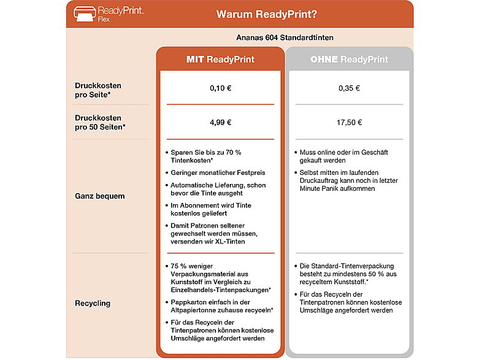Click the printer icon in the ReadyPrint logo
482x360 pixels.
pyautogui.click(x=84, y=13)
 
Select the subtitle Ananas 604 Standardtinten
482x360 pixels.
pyautogui.click(x=285, y=37)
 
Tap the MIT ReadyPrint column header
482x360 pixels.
pyautogui.click(x=220, y=59)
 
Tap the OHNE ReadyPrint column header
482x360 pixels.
pyautogui.click(x=349, y=59)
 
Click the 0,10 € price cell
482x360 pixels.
pyautogui.click(x=220, y=88)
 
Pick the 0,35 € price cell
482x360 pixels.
pyautogui.click(x=349, y=88)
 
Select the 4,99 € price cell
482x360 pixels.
pyautogui.click(x=220, y=122)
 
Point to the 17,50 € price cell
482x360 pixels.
pyautogui.click(x=349, y=122)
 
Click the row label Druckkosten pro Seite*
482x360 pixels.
pyautogui.click(x=98, y=90)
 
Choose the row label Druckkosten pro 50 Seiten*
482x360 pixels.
pyautogui.click(x=100, y=122)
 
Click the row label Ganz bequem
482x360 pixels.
pyautogui.click(x=99, y=196)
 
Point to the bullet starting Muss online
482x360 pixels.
pyautogui.click(x=343, y=156)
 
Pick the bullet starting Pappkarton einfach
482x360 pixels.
pyautogui.click(x=221, y=307)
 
